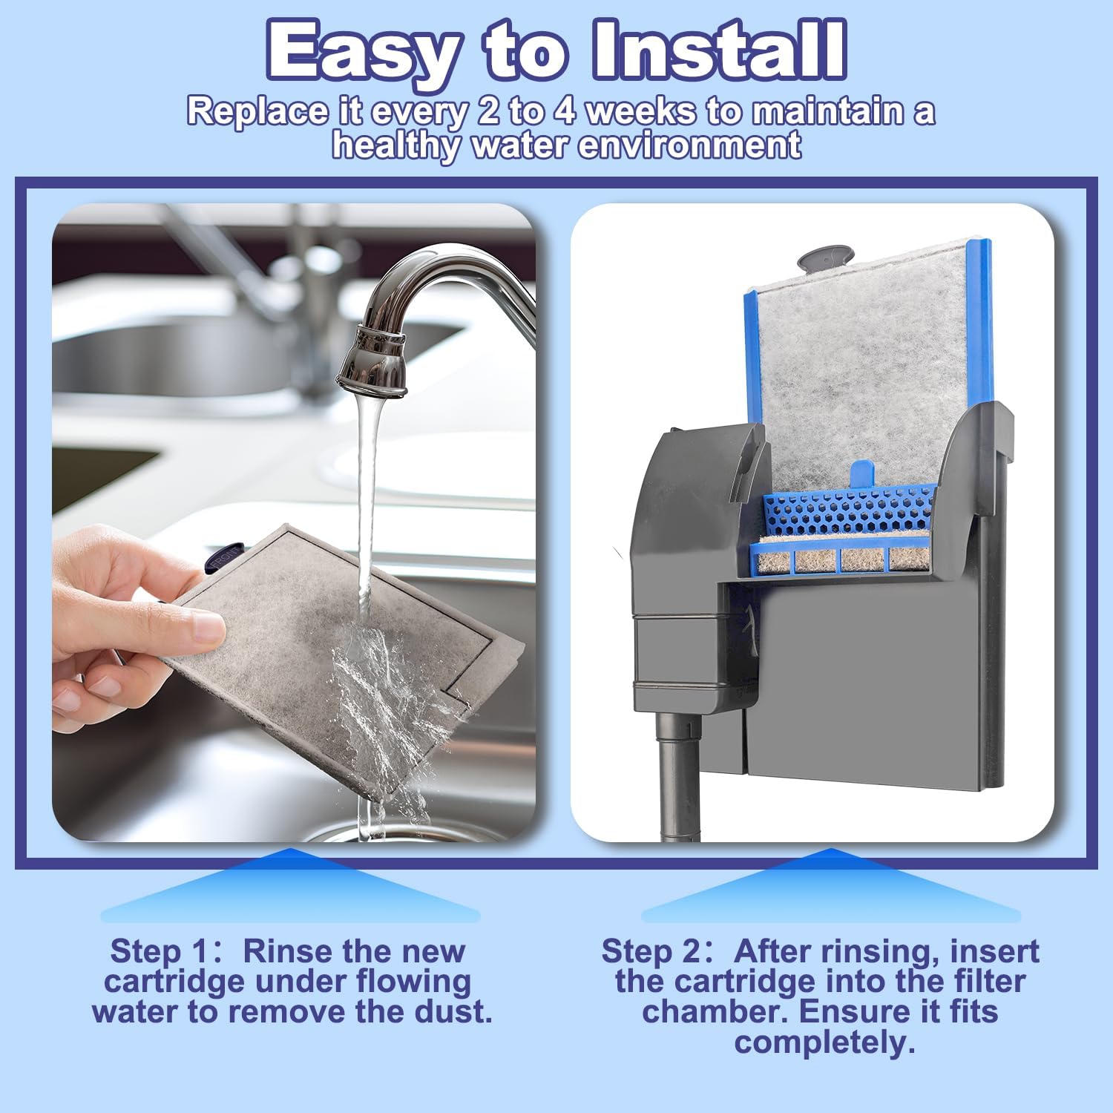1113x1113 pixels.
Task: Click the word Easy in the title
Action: tap(363, 51)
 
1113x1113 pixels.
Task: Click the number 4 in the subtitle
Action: tap(566, 111)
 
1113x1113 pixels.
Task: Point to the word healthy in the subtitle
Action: tap(395, 145)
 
